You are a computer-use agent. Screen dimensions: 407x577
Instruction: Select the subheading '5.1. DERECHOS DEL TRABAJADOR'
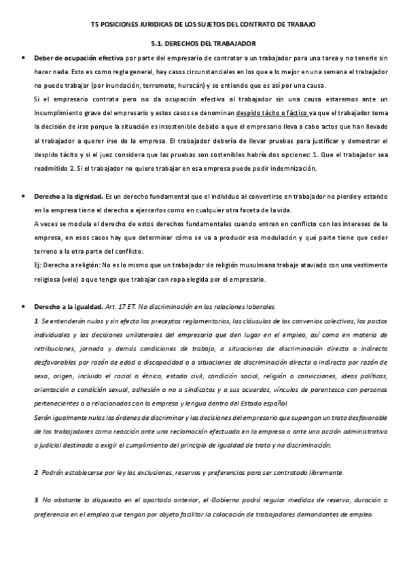coord(203,42)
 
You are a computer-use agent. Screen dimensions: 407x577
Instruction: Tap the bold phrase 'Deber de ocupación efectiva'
coord(74,59)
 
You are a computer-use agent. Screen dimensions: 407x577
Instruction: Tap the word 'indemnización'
coord(276,167)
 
